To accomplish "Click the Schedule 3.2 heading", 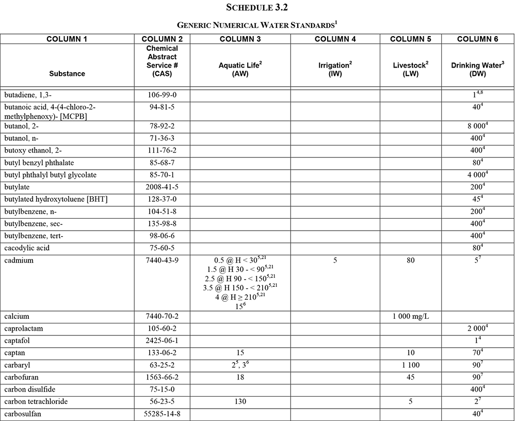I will [257, 8].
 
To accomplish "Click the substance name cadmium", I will [19, 261].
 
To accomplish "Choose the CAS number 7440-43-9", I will [162, 261].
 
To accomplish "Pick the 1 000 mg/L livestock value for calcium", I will [410, 316].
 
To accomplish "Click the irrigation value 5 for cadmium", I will [335, 261].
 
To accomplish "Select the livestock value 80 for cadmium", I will [410, 261].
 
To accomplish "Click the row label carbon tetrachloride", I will [36, 401].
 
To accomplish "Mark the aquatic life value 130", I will [240, 401].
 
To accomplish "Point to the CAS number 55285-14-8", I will [162, 414].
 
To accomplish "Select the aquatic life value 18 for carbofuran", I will [240, 377].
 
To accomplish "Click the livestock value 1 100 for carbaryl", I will [410, 365].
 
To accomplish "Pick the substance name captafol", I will [19, 341].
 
